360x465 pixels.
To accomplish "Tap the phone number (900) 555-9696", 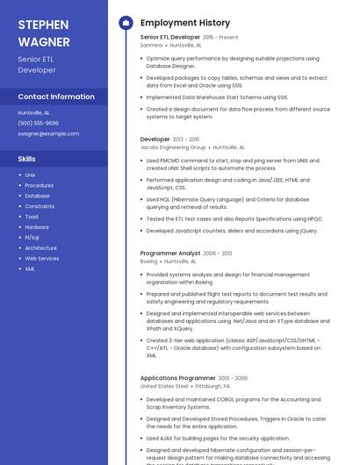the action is click(x=39, y=123).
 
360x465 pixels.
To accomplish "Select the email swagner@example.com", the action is click(x=48, y=133).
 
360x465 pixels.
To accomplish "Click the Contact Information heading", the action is click(x=56, y=97).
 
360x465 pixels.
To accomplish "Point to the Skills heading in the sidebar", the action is click(x=27, y=159).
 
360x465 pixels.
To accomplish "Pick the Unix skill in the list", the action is click(x=31, y=175).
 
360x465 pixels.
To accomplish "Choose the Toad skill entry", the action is click(x=32, y=217).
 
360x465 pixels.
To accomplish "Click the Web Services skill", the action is click(x=42, y=259).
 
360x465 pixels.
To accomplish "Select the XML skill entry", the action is click(x=31, y=268).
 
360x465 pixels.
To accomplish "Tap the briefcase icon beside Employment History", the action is click(x=126, y=23).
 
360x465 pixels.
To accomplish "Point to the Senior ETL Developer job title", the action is click(x=170, y=38).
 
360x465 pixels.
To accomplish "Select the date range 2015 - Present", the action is click(x=221, y=38).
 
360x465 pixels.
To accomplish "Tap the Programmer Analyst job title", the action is click(x=170, y=253).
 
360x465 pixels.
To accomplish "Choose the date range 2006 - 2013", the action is click(x=218, y=253).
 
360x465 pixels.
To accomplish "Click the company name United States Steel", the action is click(x=164, y=386).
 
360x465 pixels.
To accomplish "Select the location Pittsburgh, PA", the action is click(x=212, y=386).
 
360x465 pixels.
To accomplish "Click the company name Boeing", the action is click(x=149, y=261).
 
